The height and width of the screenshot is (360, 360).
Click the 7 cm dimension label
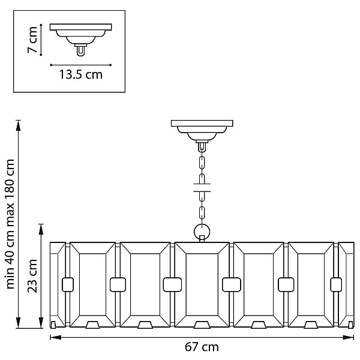pos(32,40)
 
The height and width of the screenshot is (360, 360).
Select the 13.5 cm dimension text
pos(81,74)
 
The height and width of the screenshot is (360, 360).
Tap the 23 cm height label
pos(32,276)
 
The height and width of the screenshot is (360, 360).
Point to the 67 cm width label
pos(202,347)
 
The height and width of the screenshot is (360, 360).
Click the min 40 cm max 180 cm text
pos(10,224)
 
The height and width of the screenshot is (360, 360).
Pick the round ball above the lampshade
pos(202,232)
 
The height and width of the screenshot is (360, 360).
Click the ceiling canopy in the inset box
pos(81,34)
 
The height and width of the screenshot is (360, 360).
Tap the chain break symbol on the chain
pos(202,187)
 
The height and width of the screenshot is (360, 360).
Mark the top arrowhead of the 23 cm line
pos(41,229)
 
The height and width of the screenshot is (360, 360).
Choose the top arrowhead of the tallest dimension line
pos(18,125)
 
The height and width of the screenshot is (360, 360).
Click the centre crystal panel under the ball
pos(202,284)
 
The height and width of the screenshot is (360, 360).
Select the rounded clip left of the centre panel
pos(172,284)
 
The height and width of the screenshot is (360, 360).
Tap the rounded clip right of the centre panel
pos(232,284)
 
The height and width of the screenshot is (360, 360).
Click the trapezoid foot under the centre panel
pos(202,325)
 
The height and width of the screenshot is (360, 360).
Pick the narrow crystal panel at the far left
pos(58,284)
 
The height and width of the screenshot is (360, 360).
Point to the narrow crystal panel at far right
pos(346,284)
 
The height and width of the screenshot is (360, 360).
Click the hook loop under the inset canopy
pos(80,51)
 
